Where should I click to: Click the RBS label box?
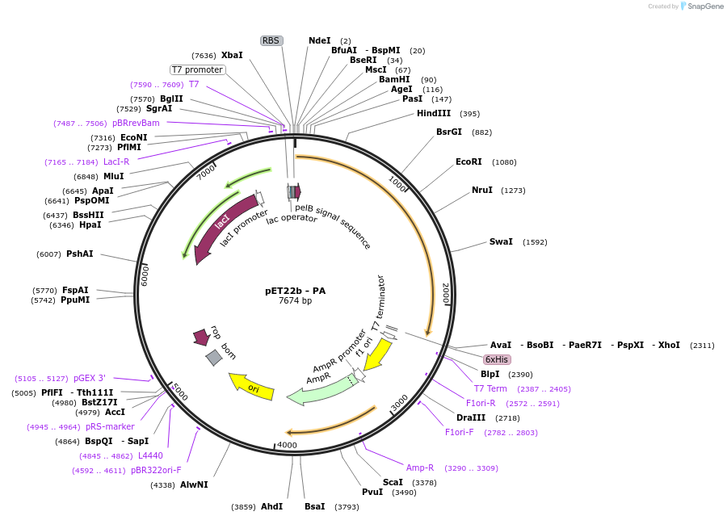(x=271, y=40)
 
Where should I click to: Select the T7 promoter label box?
(x=198, y=69)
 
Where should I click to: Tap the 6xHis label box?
(x=497, y=359)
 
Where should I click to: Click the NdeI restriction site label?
(x=319, y=40)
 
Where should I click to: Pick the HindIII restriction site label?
(x=434, y=114)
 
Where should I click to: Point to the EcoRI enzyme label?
(x=469, y=162)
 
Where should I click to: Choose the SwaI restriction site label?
(x=501, y=242)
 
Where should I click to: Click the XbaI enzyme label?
(x=232, y=56)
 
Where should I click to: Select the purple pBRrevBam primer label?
(x=136, y=123)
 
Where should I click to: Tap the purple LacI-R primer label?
(x=116, y=162)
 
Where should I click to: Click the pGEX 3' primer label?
(x=89, y=378)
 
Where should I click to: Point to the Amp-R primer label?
(x=420, y=468)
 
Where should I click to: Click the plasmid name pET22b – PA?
(x=296, y=291)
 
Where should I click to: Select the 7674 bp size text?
(x=295, y=301)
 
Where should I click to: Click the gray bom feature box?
(x=214, y=357)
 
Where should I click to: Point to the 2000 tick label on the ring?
(x=445, y=291)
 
